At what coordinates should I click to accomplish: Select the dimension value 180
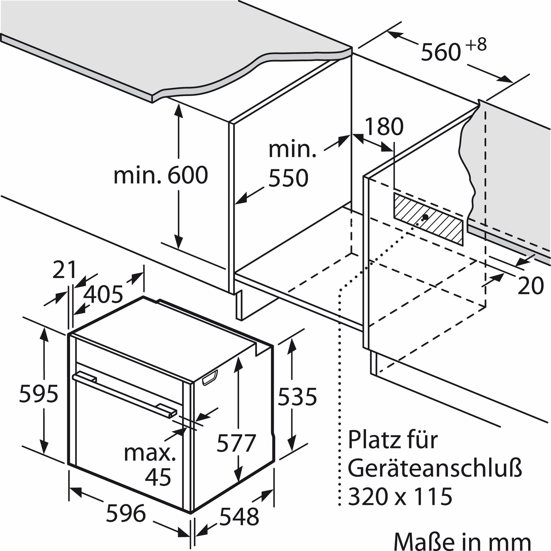(x=385, y=127)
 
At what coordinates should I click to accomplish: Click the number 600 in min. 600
(x=187, y=176)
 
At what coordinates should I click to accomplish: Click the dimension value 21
(x=65, y=270)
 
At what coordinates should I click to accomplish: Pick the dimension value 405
(x=104, y=294)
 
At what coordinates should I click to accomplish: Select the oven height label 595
(x=39, y=394)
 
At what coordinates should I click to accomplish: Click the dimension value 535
(x=297, y=396)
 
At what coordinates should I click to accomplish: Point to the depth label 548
(x=239, y=517)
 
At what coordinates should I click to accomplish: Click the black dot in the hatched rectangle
(x=426, y=217)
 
